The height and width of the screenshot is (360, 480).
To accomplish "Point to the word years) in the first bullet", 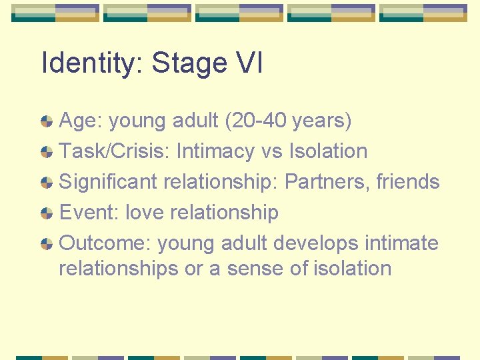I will pos(323,121).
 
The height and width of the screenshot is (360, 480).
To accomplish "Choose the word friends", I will pos(406,182).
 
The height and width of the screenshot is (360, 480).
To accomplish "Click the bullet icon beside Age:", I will pos(47,121).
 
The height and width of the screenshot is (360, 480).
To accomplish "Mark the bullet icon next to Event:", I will pos(47,213).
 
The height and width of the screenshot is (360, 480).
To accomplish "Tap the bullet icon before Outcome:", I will pos(47,244).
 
